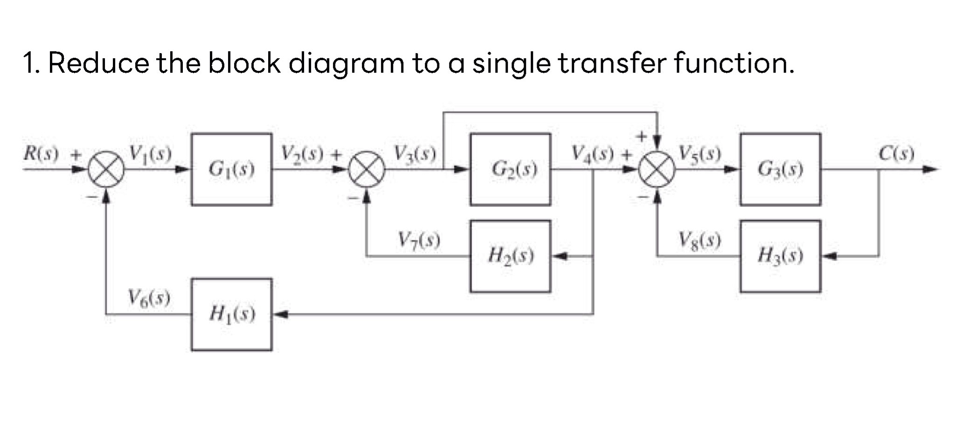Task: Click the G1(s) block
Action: click(x=231, y=169)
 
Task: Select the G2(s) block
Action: click(x=510, y=169)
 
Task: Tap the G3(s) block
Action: click(x=780, y=169)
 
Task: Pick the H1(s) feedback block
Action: click(x=231, y=314)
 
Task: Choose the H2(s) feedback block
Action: click(x=510, y=256)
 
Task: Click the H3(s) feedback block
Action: click(x=780, y=256)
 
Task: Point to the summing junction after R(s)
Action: click(x=107, y=169)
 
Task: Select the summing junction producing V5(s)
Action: click(x=657, y=169)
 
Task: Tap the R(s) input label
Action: click(x=42, y=153)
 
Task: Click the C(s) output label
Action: click(x=896, y=153)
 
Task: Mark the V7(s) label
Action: click(x=419, y=240)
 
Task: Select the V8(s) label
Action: click(x=699, y=240)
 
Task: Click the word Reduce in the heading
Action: click(x=98, y=63)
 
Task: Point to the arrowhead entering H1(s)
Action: click(x=278, y=314)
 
